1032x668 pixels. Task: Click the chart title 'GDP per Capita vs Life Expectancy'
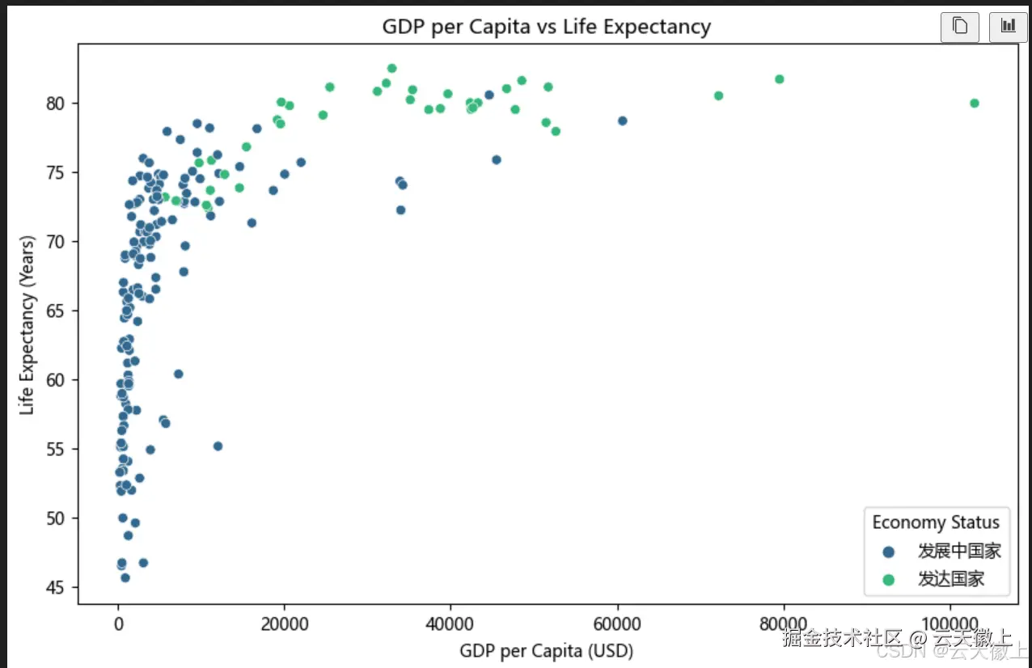546,27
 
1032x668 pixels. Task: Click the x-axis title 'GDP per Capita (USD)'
546,651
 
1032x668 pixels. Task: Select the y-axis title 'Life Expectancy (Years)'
27,325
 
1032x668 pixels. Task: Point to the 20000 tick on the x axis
285,626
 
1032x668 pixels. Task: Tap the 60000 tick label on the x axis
617,626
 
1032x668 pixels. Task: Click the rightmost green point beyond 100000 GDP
974,103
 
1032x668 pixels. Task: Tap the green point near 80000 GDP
780,79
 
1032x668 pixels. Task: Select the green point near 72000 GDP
718,95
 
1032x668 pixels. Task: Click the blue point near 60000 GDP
622,120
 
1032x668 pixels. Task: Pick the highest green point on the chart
391,69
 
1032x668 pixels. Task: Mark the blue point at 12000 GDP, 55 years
218,446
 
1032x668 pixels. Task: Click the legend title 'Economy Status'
935,522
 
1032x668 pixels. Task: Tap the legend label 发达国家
951,579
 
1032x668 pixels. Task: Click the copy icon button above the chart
960,27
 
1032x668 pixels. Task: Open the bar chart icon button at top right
1008,27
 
